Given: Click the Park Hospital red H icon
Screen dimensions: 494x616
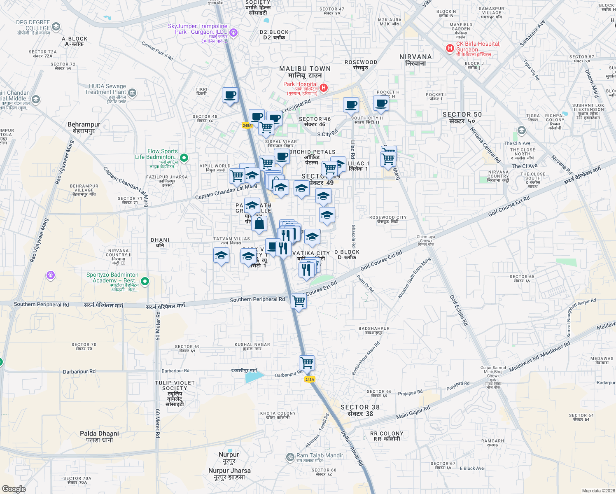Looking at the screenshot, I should point(324,88).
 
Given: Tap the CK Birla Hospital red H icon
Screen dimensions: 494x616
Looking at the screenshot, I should point(450,49).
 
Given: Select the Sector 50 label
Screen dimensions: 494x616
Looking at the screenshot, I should point(462,117).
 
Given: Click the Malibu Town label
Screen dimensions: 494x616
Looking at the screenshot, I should point(305,72).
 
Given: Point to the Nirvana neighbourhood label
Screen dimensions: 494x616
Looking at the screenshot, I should point(415,60).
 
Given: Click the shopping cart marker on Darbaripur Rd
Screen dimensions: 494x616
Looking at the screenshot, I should point(307,363).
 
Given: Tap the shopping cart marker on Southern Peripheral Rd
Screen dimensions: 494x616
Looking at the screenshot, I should point(299,301).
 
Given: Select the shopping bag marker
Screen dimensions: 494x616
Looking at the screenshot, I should point(259,224).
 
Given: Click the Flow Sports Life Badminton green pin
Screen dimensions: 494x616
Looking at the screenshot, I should point(184,157).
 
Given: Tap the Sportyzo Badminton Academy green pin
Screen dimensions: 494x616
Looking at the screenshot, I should point(145,281).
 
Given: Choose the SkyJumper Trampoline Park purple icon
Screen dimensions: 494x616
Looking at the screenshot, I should point(233,32).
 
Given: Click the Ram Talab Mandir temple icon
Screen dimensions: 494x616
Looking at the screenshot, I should point(290,457).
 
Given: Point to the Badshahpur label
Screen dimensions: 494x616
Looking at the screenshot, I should point(374,331).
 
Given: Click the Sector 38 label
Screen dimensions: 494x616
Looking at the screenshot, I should point(360,410).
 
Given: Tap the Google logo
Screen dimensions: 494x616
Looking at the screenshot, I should point(14,489).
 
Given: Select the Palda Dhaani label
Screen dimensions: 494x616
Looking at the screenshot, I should point(99,436).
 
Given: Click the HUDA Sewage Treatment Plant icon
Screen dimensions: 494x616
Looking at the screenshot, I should point(132,93).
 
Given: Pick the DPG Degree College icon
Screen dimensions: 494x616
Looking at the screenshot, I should point(56,27).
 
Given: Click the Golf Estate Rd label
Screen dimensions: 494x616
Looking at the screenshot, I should point(459,310).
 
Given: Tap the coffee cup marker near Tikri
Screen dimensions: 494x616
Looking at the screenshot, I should point(230,96).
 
